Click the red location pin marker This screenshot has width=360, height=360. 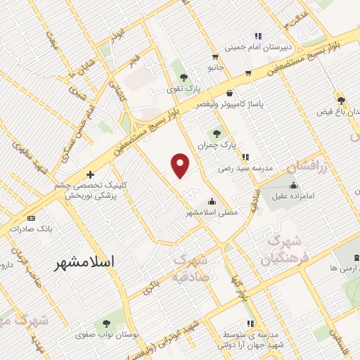point(181,165)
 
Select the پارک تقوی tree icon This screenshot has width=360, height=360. point(184,77)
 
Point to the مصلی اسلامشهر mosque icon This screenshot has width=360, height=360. point(211,200)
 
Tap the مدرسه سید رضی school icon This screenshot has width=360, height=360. point(244,157)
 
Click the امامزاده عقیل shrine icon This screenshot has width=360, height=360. point(293,186)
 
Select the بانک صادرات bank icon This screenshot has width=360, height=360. point(31,218)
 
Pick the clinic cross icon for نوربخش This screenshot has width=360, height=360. point(90,174)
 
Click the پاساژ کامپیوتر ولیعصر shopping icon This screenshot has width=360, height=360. point(230,93)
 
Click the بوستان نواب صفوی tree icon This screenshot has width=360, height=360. point(106,323)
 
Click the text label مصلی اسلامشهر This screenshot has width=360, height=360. point(212,211)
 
